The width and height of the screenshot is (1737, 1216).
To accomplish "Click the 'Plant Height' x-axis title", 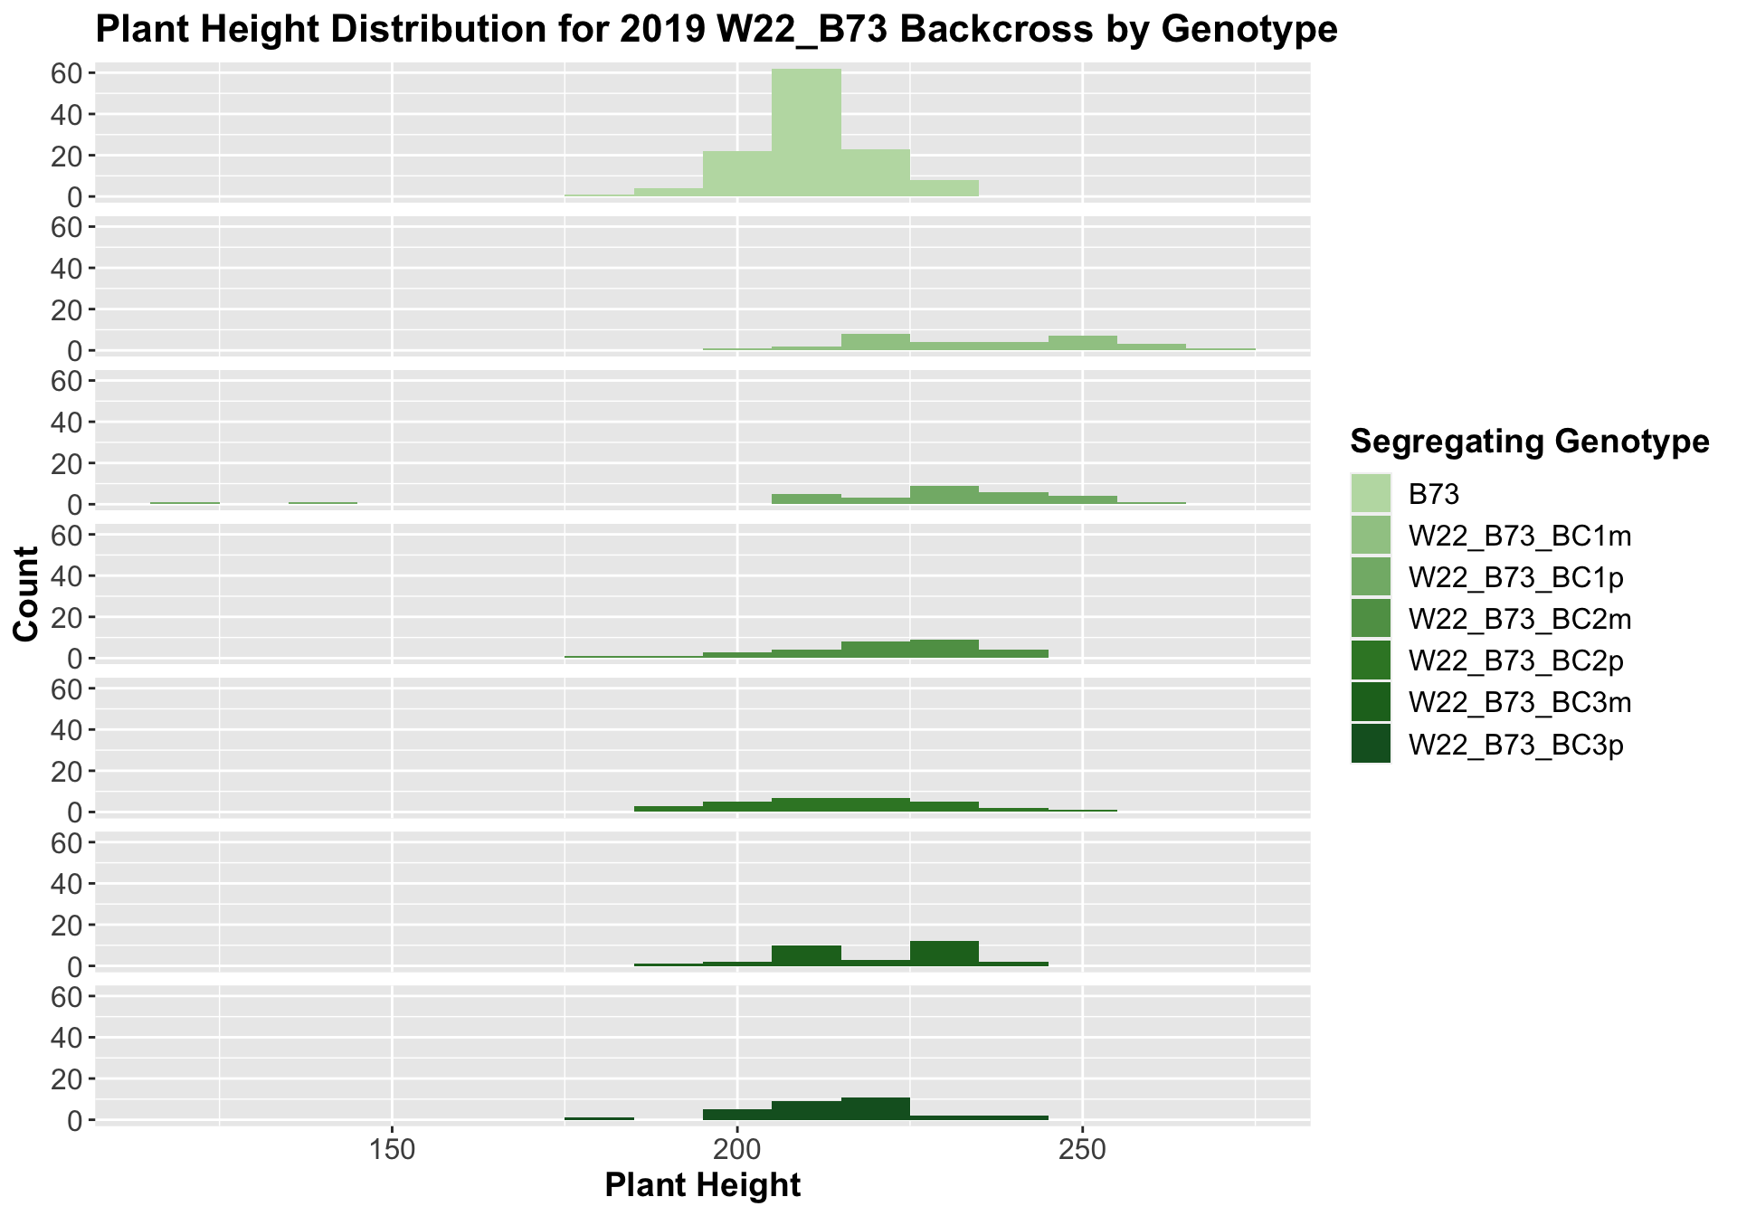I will click(x=702, y=1185).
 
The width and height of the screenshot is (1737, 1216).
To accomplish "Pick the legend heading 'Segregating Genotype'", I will click(x=1529, y=441).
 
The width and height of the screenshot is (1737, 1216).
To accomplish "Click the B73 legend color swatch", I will click(x=1371, y=493).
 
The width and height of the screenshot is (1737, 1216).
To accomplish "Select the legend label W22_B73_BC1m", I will click(x=1520, y=536).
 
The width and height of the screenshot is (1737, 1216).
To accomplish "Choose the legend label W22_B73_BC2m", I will click(x=1520, y=619).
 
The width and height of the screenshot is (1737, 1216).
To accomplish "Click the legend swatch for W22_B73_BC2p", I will click(x=1371, y=660).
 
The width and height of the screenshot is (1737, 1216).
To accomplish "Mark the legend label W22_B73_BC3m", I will click(x=1520, y=702).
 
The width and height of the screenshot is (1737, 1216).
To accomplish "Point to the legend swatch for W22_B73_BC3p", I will click(x=1371, y=744).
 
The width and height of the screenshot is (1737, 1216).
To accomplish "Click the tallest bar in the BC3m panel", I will click(x=944, y=954).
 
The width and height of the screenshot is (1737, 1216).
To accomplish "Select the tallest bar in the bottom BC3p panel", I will click(x=875, y=1109).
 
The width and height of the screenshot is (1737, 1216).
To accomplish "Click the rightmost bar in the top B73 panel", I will click(x=944, y=188).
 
